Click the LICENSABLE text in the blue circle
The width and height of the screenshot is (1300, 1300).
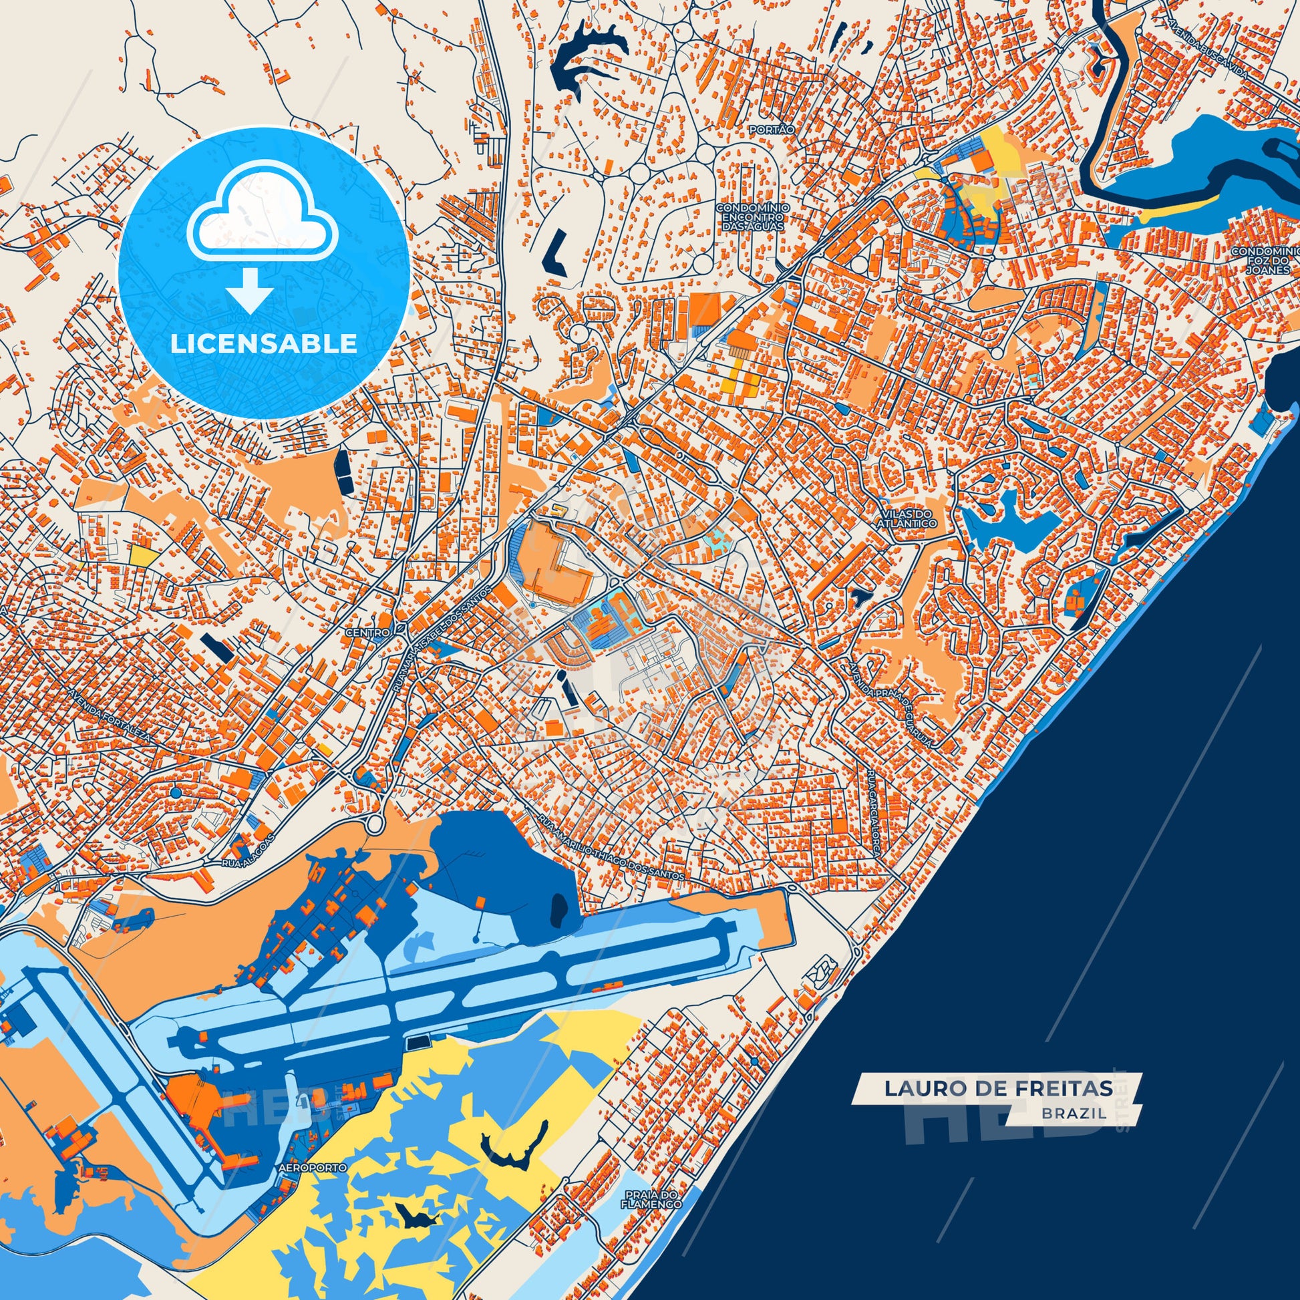(263, 344)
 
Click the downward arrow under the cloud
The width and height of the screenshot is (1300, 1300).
(249, 289)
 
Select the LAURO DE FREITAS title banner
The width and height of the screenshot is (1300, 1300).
(997, 1089)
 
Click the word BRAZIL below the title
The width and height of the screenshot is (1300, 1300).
(1074, 1114)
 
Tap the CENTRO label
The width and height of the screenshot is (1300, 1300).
(367, 633)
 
